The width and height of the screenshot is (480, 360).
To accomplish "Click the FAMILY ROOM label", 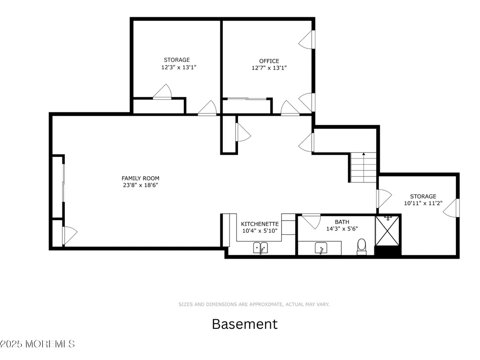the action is click(x=141, y=178).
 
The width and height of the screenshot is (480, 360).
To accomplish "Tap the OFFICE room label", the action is click(x=269, y=61).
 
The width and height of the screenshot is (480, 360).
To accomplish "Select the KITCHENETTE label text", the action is click(x=260, y=224).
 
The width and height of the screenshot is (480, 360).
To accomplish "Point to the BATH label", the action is click(x=342, y=222).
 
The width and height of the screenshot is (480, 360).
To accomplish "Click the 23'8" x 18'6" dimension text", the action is click(x=141, y=185).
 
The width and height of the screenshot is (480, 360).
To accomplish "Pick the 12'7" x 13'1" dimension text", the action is click(x=269, y=68).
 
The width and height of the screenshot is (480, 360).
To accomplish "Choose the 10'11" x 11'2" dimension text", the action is click(x=423, y=203).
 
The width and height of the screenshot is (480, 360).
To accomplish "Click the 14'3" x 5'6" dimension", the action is click(x=342, y=228).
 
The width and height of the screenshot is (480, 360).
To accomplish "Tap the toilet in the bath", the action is click(x=361, y=247).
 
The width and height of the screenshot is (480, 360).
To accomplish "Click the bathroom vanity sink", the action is click(x=321, y=248).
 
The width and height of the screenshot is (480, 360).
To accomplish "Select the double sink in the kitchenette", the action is click(x=261, y=248).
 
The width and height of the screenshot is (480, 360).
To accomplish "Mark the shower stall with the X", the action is click(x=387, y=231).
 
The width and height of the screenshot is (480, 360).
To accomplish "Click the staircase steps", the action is click(x=363, y=168).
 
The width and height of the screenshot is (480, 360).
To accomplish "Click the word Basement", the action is click(x=245, y=324).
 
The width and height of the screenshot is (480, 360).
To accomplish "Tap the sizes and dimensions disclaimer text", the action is click(x=254, y=304).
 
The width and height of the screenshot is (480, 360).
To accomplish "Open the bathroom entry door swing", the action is click(x=312, y=221).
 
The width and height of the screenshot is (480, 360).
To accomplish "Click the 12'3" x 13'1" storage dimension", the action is click(x=179, y=67).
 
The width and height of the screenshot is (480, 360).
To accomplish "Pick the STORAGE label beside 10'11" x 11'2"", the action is click(x=423, y=196).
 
